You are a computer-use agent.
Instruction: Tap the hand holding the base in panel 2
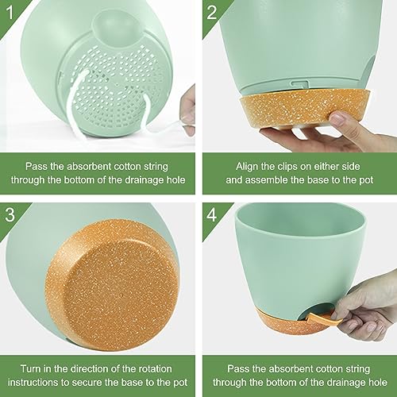(341, 135)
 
